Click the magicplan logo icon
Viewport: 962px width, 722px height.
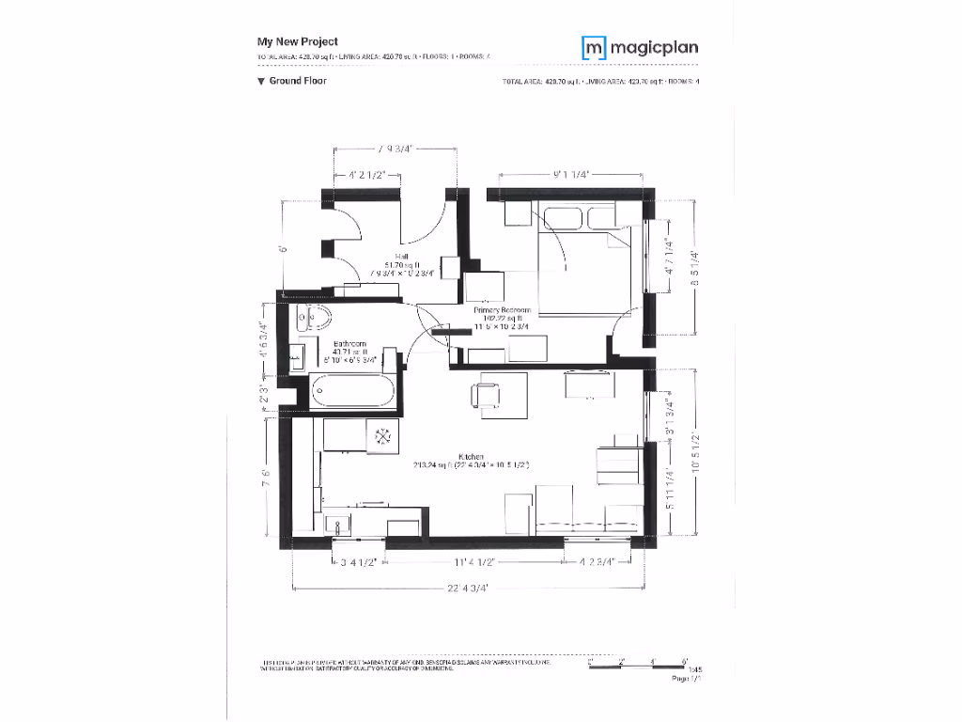593,47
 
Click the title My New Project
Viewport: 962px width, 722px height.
298,41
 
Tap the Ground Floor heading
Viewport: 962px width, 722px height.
292,82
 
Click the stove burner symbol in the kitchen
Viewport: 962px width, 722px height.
383,435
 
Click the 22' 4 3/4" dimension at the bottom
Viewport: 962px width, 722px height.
469,589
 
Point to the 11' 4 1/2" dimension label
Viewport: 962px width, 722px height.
473,561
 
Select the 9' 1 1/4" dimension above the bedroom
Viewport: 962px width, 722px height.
571,175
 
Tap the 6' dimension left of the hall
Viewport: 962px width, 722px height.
281,250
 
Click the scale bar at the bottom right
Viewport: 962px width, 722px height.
639,663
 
